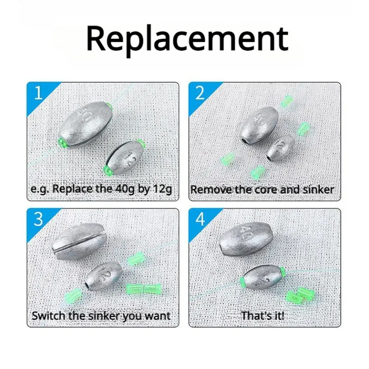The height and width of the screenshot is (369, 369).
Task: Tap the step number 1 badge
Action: click(x=38, y=93)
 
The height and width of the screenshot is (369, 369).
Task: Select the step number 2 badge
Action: click(x=200, y=93)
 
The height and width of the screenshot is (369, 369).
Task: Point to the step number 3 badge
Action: click(x=38, y=219)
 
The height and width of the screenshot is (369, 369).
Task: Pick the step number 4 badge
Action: click(x=200, y=219)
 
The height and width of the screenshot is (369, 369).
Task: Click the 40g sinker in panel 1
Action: click(x=85, y=125)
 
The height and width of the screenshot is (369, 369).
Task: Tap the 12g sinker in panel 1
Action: click(x=124, y=157)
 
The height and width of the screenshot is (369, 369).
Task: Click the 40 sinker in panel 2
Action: click(x=259, y=125)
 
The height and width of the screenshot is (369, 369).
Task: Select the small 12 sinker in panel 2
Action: click(x=280, y=148)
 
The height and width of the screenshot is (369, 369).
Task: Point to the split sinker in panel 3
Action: click(x=79, y=241)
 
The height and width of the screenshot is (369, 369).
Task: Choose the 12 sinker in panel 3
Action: click(x=103, y=275)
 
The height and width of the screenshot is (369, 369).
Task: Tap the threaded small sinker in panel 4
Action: click(x=262, y=279)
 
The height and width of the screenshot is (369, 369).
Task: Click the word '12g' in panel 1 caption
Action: click(x=162, y=189)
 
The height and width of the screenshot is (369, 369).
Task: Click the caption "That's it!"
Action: click(x=263, y=315)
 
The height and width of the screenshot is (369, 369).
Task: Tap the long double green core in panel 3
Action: click(x=143, y=288)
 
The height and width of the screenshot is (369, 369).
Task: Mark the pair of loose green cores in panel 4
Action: click(x=299, y=294)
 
